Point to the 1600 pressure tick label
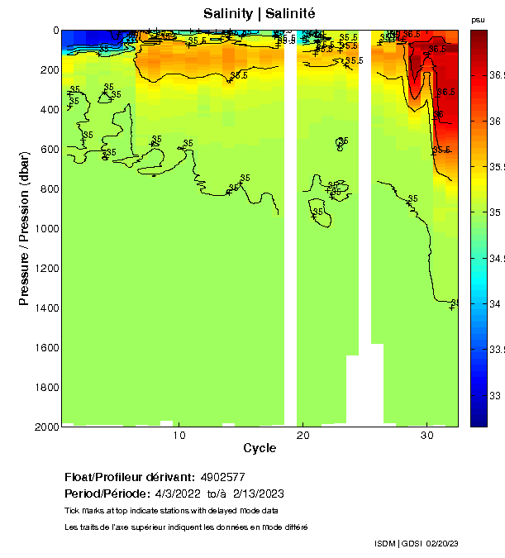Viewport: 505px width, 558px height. coord(45,347)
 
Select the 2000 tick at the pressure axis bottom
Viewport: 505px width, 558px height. coord(45,426)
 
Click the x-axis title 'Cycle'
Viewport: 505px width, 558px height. coord(260,449)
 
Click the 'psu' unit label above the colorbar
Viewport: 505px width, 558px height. coord(478,20)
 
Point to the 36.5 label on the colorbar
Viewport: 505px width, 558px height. coord(497,75)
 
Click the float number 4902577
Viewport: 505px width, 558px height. coord(224,477)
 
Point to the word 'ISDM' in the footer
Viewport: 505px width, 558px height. coord(384,543)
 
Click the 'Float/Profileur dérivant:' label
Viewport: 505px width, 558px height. coord(130,477)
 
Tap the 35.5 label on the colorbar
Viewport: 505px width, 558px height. coord(497,167)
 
